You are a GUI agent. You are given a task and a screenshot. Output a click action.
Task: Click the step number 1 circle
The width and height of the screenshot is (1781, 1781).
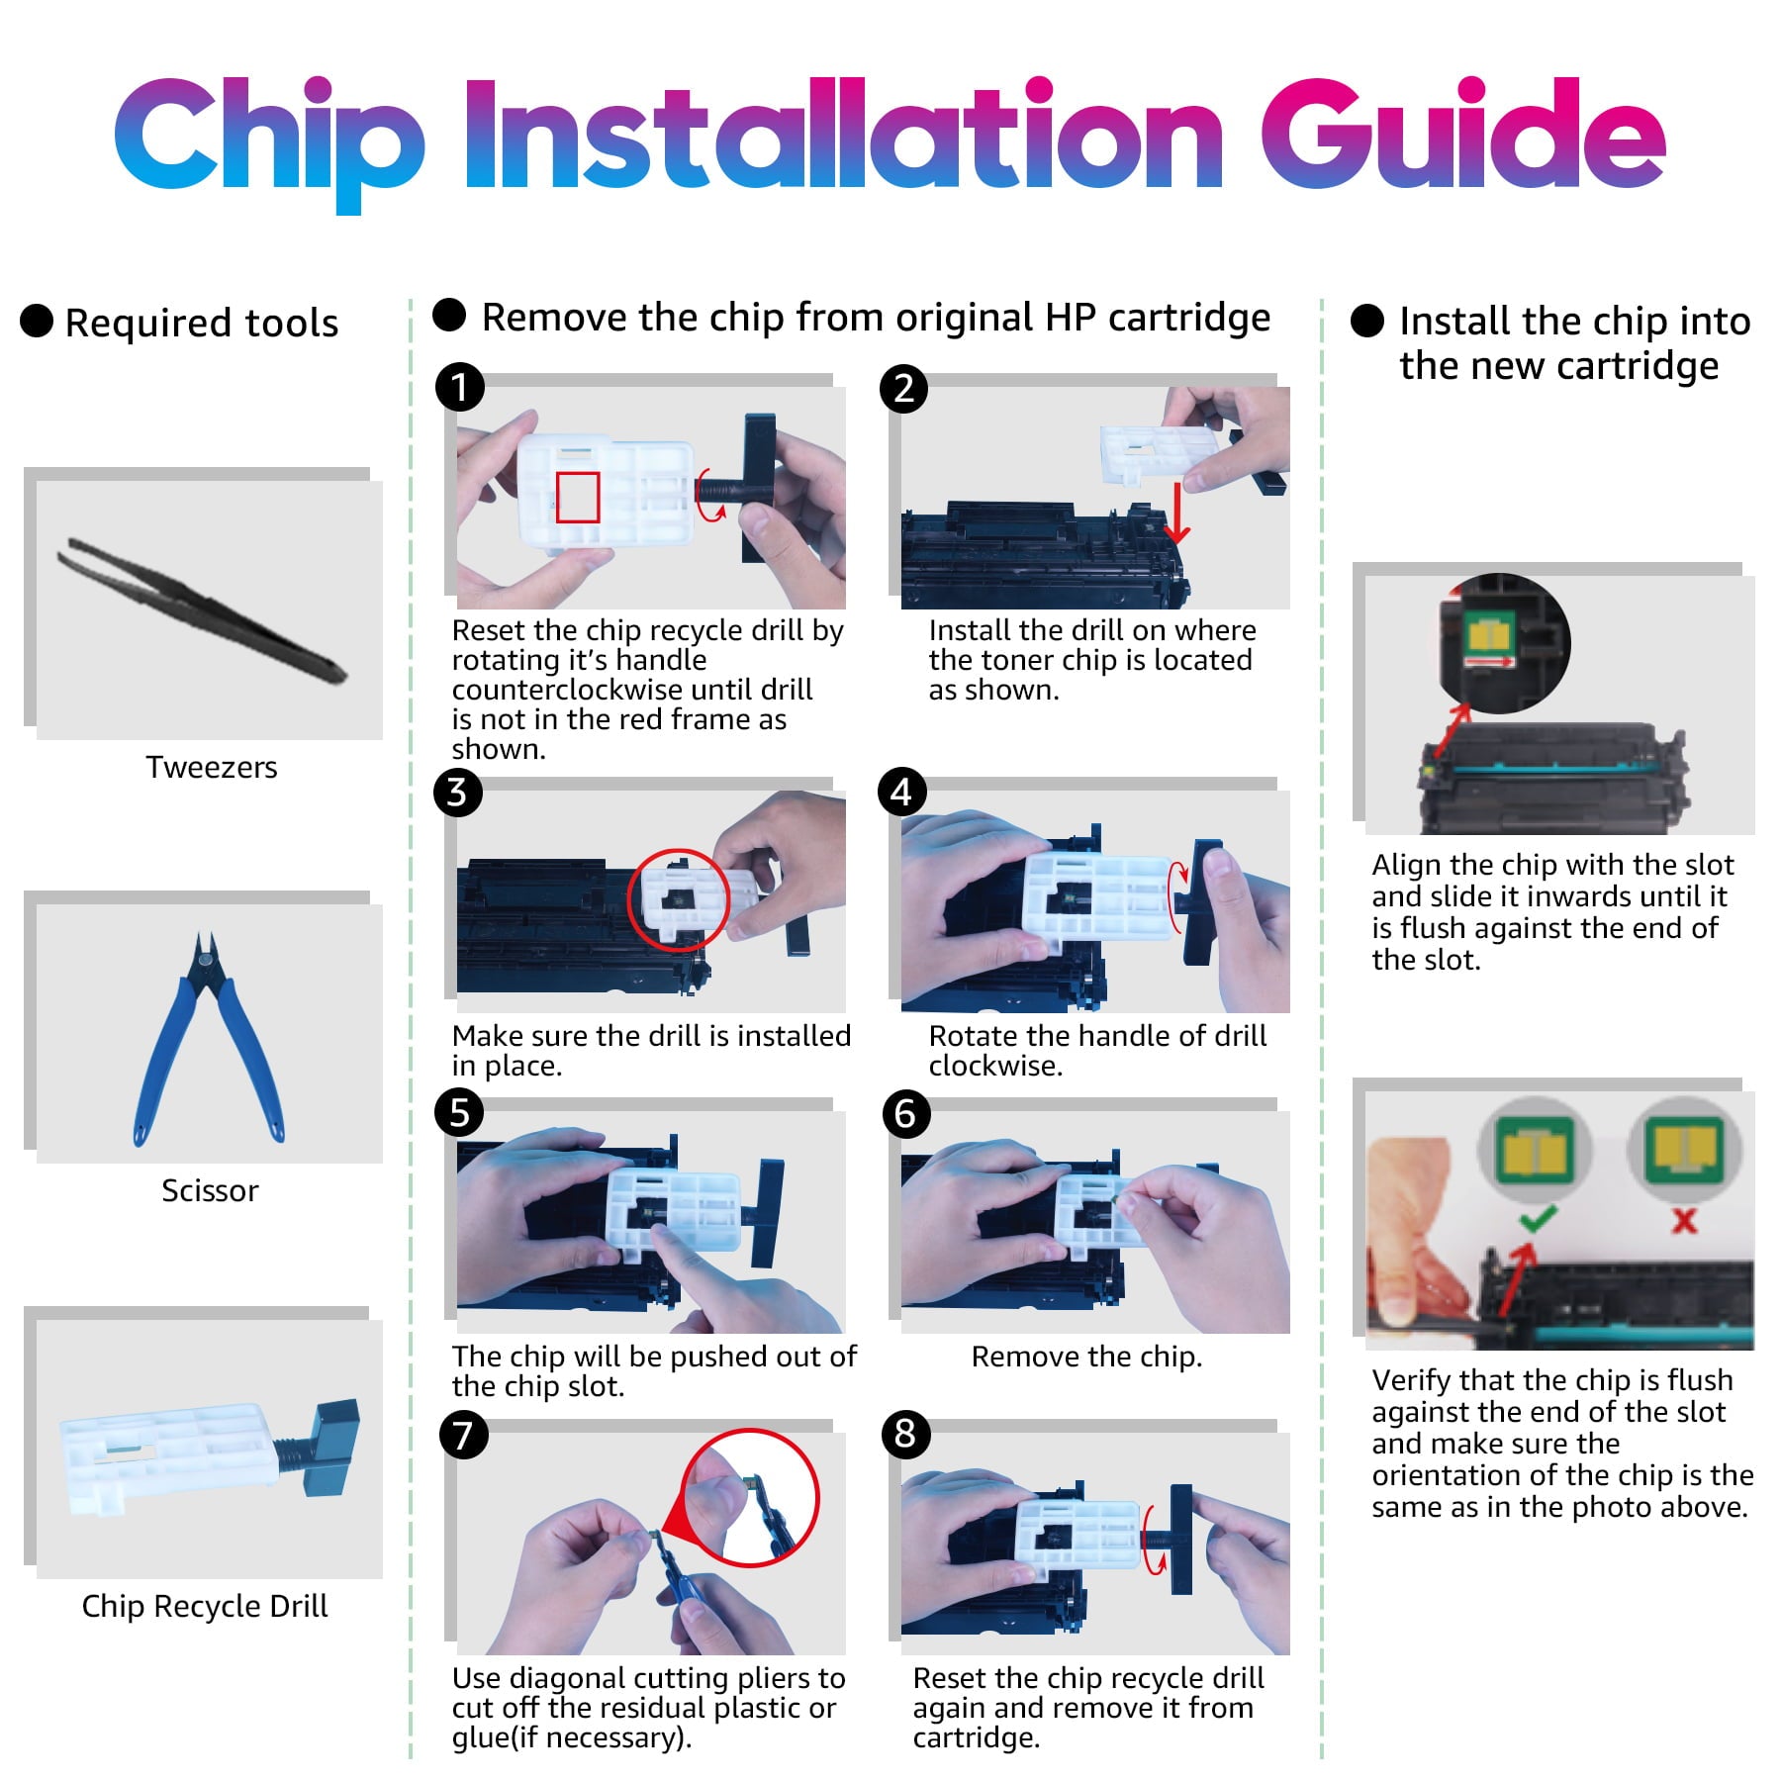tap(460, 387)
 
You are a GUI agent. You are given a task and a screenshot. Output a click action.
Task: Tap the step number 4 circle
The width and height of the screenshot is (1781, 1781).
tap(902, 793)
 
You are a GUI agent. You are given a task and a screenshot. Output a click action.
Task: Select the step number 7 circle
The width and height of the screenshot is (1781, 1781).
tap(463, 1434)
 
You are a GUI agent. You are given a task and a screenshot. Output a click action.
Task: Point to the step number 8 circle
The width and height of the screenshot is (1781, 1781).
tap(905, 1434)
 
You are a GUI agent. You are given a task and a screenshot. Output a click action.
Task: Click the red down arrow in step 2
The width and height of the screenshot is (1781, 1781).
tap(1176, 514)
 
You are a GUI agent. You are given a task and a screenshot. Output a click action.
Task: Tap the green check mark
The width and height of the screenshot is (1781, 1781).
tap(1537, 1218)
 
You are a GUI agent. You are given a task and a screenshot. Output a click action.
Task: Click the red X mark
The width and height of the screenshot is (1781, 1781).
tap(1684, 1220)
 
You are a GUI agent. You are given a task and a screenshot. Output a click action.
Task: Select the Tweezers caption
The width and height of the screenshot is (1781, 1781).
tap(212, 767)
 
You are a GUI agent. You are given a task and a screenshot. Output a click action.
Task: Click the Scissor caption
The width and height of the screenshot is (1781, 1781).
tap(210, 1190)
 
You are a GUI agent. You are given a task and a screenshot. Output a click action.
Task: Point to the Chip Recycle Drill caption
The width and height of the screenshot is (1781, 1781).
tap(205, 1606)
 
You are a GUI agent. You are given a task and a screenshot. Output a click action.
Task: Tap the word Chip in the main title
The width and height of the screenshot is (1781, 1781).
tap(269, 143)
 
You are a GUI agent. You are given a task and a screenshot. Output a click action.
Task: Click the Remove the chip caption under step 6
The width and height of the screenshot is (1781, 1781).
tap(1086, 1357)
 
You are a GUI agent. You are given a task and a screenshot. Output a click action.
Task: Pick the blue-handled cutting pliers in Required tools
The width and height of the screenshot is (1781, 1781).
tap(209, 1039)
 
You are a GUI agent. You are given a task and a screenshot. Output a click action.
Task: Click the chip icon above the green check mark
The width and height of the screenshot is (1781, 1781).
tap(1533, 1150)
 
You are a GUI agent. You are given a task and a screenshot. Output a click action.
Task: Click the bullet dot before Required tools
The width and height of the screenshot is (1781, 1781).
tap(37, 321)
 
